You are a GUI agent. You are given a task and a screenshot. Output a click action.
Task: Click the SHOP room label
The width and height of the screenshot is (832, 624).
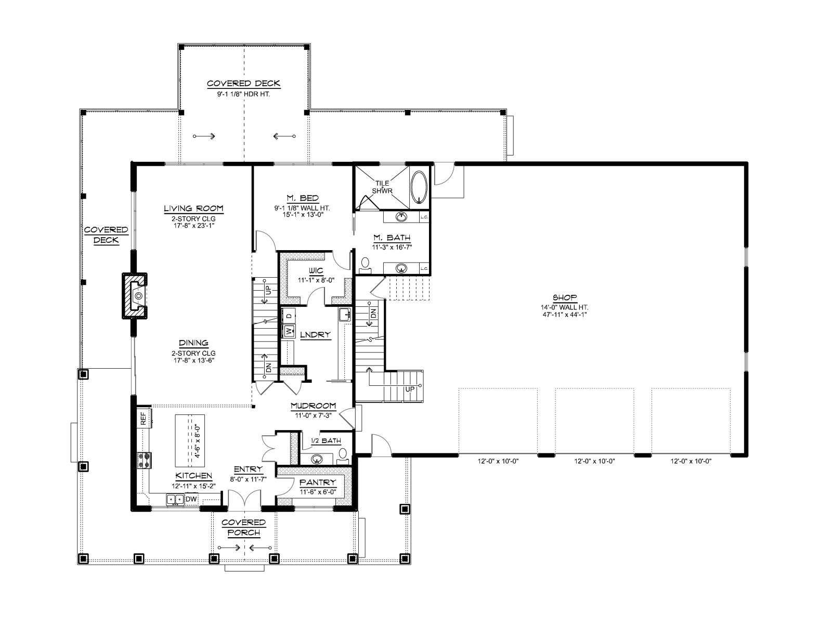564,298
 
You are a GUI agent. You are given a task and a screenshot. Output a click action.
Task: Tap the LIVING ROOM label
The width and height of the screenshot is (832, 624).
193,209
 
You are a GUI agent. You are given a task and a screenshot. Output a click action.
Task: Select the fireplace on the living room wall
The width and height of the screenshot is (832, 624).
135,295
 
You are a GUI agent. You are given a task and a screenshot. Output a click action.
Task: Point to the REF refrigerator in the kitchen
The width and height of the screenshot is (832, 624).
144,418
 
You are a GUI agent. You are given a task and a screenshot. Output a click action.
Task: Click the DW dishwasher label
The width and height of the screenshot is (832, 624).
191,499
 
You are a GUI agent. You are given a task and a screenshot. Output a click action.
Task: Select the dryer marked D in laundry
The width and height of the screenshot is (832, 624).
289,315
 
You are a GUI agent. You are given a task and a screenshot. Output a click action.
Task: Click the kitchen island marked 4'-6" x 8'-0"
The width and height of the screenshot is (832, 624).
189,440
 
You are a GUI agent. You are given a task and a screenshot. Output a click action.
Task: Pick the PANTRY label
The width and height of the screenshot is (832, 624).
318,483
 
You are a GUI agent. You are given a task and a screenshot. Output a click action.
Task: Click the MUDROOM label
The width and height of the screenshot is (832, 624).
313,406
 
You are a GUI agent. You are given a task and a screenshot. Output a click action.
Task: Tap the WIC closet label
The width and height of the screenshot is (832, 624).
316,270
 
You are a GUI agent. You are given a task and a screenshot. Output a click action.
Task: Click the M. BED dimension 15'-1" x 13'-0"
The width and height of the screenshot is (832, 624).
302,215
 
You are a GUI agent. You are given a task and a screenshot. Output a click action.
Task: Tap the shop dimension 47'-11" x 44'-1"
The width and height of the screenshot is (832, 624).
565,314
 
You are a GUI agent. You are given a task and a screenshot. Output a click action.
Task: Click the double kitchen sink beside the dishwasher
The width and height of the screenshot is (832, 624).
175,500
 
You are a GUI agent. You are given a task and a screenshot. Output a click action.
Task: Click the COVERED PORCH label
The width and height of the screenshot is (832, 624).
244,527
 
